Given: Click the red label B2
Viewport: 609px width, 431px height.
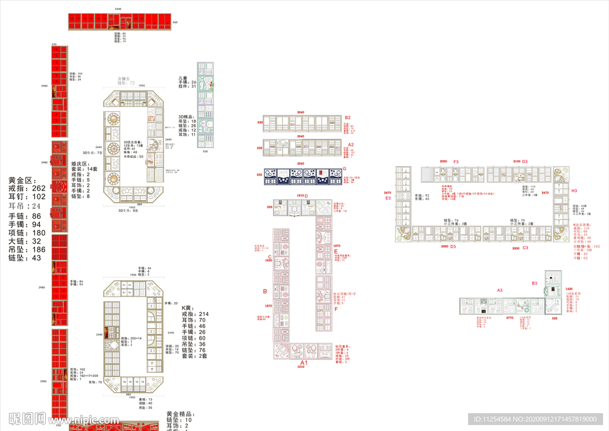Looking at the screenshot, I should click(348, 118).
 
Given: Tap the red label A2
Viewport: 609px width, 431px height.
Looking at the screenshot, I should click(350, 145).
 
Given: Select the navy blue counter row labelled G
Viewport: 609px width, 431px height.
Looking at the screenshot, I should click(296, 176).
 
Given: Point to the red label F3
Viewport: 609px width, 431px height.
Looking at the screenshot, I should click(456, 162).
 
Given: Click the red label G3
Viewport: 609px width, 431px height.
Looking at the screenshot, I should click(525, 162).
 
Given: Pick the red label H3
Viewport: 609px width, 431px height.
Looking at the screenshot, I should click(574, 190).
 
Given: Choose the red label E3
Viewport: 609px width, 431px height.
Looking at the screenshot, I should click(388, 198).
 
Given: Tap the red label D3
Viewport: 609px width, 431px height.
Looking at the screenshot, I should click(453, 246).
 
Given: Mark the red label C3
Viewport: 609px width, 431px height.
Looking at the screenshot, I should click(525, 247).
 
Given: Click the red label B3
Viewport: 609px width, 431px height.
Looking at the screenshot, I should click(535, 283).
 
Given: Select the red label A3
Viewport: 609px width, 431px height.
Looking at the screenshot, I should click(500, 290).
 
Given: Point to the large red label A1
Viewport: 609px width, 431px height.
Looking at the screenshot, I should click(303, 363).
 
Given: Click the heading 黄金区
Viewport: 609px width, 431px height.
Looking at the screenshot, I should click(22, 180).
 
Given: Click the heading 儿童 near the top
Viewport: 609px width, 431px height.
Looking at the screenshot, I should click(184, 78).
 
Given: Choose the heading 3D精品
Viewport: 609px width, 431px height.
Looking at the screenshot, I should click(187, 116).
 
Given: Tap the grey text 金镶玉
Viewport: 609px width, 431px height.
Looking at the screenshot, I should click(126, 79).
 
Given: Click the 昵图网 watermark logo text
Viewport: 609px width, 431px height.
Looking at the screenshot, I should click(27, 418).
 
